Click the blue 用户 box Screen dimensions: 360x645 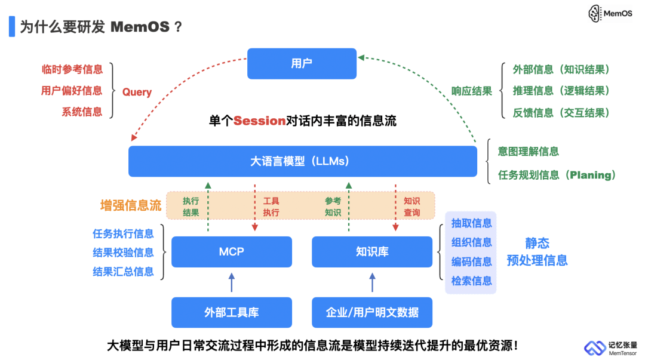tap(302, 63)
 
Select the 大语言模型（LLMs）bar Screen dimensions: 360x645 tap(302, 161)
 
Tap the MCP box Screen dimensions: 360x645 tap(231, 252)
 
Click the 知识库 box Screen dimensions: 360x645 tap(371, 252)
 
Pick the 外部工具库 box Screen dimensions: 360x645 tap(231, 312)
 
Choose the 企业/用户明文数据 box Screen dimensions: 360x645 tap(371, 312)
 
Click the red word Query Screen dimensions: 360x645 tap(137, 93)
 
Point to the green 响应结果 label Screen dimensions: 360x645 tap(471, 91)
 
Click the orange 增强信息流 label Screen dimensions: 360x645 tap(130, 206)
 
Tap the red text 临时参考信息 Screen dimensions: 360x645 tap(72, 69)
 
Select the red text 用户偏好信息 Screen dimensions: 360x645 tap(72, 91)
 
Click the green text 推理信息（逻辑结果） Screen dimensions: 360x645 tap(561, 91)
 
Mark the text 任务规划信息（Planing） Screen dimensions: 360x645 tap(557, 176)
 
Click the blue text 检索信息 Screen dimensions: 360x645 tap(471, 281)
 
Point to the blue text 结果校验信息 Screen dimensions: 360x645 tap(123, 253)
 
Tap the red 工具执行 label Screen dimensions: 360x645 tap(271, 207)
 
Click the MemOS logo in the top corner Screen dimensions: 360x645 tap(610, 13)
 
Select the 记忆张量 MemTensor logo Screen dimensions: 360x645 tap(610, 348)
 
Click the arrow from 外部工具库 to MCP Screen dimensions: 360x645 tap(231, 282)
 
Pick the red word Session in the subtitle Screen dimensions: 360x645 tap(259, 121)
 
